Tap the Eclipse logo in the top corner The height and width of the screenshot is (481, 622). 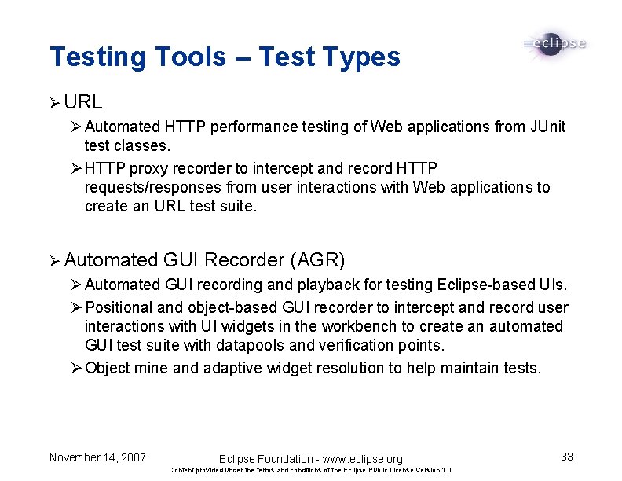554,44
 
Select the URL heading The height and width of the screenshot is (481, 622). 83,102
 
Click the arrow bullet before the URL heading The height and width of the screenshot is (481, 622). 54,103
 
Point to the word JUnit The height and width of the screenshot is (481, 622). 548,127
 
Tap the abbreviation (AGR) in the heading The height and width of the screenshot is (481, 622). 316,260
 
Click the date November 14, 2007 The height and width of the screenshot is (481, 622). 97,457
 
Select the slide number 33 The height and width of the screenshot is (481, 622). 566,457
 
